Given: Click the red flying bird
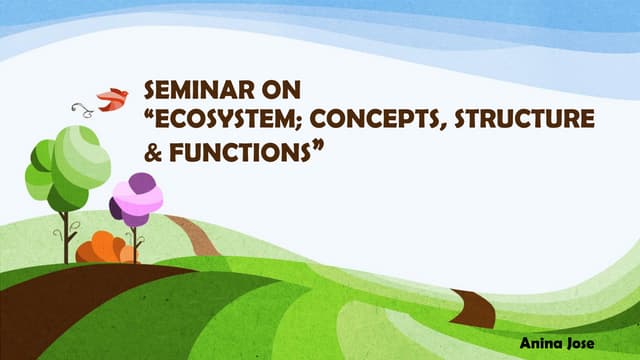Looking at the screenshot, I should [x=112, y=98].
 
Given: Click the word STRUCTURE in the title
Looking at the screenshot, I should [x=524, y=121].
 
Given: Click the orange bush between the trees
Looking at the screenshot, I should [x=103, y=247].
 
